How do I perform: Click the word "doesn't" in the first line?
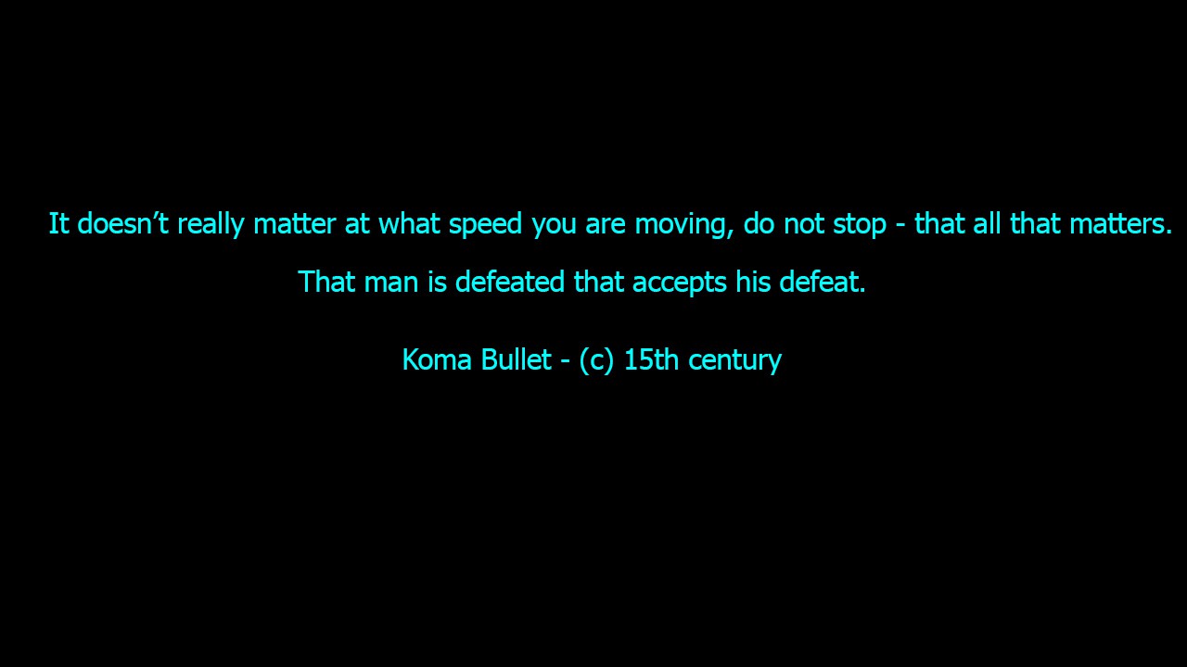pos(123,223)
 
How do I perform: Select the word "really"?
pos(211,224)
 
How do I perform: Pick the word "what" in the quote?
pos(409,223)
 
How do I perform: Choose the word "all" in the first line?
pos(988,223)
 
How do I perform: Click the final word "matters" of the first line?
pos(1120,224)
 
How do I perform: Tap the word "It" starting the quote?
pos(58,223)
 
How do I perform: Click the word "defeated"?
pos(510,281)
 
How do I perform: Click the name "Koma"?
pos(437,359)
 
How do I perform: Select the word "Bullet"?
pos(517,359)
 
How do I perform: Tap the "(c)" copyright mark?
pos(596,361)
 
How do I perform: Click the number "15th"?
pos(651,359)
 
